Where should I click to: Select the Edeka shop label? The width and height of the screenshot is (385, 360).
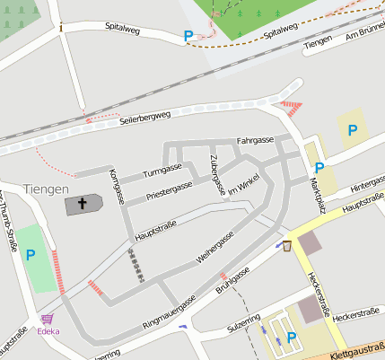pos(48,330)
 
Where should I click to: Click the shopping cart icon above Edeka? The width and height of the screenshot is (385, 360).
pos(47,319)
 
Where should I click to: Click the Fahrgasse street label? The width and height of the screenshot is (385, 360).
pos(255,141)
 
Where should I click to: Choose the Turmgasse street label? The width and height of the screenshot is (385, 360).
pos(162,170)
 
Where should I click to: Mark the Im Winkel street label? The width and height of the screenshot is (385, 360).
pos(242,186)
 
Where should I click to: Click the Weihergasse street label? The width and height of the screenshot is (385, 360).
pos(215,246)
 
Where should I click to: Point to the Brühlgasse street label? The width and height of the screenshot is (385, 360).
pos(232,282)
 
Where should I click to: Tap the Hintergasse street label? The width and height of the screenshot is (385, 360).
pos(367,183)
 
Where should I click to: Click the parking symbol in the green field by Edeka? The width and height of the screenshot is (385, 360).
pos(31,256)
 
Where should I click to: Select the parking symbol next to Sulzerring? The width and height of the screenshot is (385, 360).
pos(291,338)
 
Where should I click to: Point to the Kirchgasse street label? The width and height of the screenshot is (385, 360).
pos(114,186)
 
